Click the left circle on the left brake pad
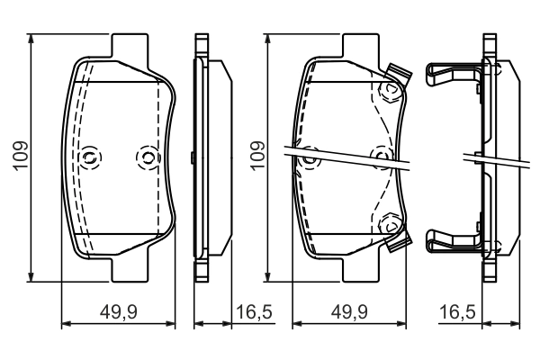(89, 157)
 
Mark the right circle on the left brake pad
(145, 158)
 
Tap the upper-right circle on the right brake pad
(389, 90)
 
